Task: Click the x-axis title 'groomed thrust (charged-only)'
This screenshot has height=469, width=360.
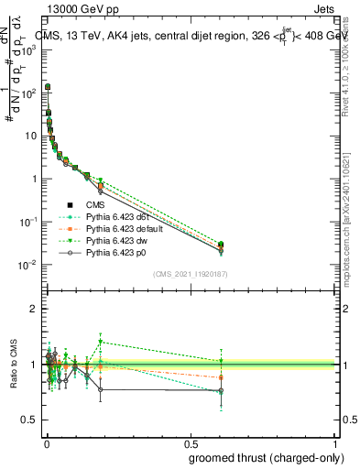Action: click(x=260, y=457)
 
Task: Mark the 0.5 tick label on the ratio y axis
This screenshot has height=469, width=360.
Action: click(x=29, y=420)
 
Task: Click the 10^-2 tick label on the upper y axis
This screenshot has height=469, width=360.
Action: click(x=27, y=266)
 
